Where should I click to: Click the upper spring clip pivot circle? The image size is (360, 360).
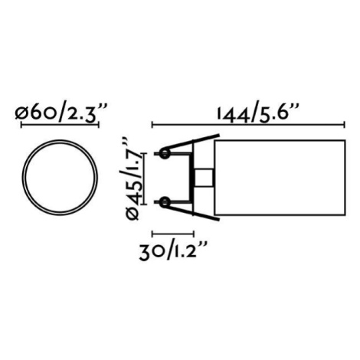click(165, 154)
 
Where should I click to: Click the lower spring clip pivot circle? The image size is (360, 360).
click(165, 202)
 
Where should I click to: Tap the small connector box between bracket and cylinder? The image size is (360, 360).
click(204, 178)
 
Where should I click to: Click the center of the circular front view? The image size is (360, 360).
click(60, 178)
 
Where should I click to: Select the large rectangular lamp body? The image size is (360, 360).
click(280, 178)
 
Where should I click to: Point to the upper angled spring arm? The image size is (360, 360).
click(192, 141)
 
